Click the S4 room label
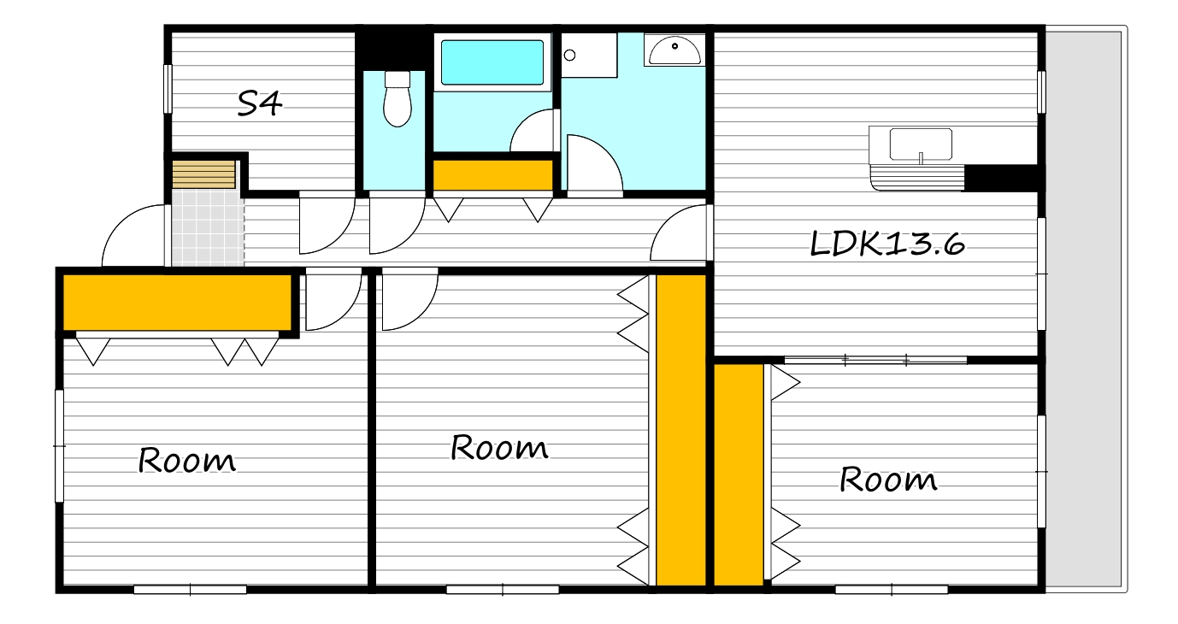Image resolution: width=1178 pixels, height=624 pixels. coord(259,103)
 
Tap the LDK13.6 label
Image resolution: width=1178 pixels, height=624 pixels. coord(887,244)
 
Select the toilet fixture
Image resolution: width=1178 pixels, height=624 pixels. coord(397,99)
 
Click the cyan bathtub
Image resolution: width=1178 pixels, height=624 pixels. coord(492,62)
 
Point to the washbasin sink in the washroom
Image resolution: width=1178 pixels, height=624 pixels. coord(674,50)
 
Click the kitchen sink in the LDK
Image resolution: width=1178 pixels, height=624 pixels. coord(921,144)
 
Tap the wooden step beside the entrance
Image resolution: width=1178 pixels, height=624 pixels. coord(203,174)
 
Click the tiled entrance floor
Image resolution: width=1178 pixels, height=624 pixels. coord(208,228)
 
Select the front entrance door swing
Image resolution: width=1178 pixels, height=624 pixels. coord(134,236)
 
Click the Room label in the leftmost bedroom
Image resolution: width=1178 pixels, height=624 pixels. coord(186,461)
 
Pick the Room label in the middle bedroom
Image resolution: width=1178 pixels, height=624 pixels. coord(499,448)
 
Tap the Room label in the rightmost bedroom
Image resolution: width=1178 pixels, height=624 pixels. coord(887,480)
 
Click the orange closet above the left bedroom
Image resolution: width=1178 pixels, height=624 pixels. coord(178,303)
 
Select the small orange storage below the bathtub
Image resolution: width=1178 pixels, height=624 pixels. coord(492,175)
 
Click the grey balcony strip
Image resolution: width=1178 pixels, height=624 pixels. coord(1084,309)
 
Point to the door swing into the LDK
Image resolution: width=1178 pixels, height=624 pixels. coord(679,233)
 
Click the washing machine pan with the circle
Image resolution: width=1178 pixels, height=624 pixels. coord(589,56)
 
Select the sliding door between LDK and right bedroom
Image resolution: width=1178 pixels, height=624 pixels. coord(875,360)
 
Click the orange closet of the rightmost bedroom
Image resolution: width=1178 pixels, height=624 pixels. coord(739,475)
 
